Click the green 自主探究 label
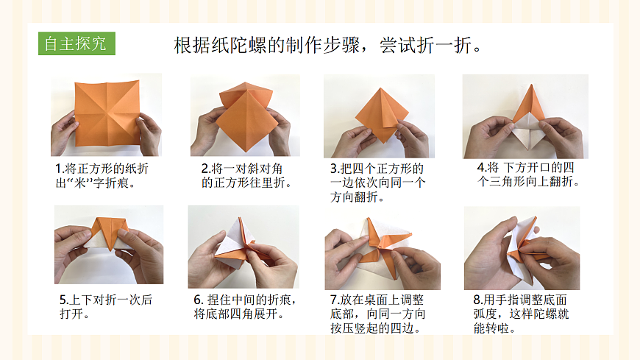click(x=76, y=43)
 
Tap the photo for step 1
click(x=106, y=115)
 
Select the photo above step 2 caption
click(x=245, y=115)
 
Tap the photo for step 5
click(x=108, y=244)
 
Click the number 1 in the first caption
click(x=58, y=169)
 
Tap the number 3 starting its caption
click(x=334, y=169)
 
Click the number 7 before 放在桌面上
click(x=334, y=300)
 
